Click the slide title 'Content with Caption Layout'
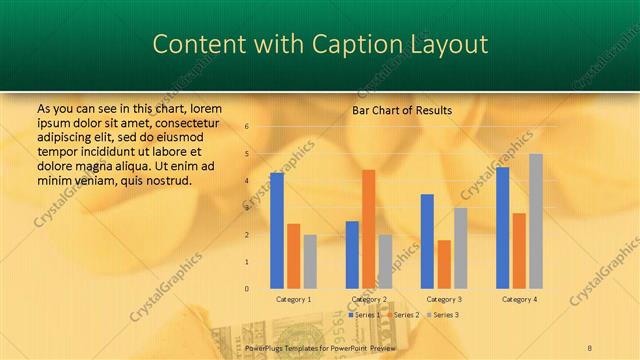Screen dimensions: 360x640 320,45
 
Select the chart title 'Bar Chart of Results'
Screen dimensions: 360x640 401,110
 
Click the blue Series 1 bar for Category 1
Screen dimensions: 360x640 276,230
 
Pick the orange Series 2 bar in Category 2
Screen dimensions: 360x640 368,229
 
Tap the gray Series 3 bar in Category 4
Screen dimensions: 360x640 536,221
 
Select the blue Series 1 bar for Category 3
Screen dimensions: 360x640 427,241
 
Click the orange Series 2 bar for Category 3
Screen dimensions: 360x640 444,264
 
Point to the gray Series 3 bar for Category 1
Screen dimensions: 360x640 310,261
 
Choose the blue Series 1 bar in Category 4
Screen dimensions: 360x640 502,227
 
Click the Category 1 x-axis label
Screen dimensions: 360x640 293,299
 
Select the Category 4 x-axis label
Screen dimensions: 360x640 518,299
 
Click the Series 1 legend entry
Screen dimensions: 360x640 364,315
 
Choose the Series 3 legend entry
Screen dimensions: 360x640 443,315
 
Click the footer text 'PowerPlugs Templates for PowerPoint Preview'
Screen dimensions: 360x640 320,348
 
